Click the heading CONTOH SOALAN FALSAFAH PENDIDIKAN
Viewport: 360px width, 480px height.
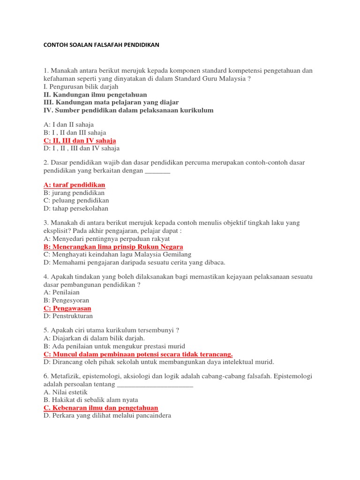[x=101, y=45]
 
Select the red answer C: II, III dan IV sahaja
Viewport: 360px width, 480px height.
[x=80, y=141]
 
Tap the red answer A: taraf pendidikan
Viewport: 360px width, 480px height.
[x=74, y=185]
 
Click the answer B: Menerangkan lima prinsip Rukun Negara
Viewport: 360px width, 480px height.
[x=113, y=247]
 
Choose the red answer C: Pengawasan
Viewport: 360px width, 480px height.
[x=67, y=308]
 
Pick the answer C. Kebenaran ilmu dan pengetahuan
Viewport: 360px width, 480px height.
[x=101, y=408]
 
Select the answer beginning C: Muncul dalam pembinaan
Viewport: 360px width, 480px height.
[x=138, y=354]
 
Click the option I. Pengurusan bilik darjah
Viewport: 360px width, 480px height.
[x=81, y=87]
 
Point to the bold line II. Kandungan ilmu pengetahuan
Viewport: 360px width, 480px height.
[x=95, y=95]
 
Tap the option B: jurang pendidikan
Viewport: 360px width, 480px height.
[x=74, y=193]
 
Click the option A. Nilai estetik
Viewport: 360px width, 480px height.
[x=65, y=392]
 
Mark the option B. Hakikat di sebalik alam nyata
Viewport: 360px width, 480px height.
[x=90, y=400]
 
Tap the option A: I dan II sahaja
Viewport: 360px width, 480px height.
[x=68, y=125]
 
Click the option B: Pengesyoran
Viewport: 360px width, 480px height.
[x=66, y=300]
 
